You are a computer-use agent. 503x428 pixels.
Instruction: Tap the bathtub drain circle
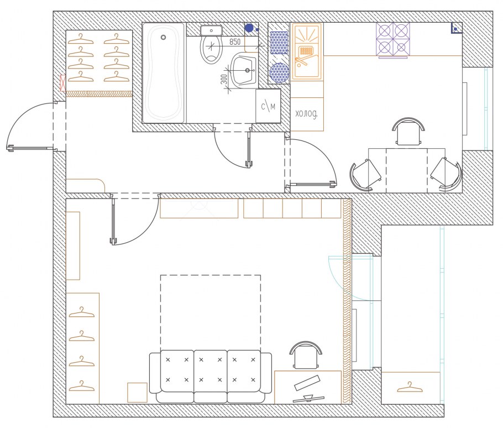(163, 37)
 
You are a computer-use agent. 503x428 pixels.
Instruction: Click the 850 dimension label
(235, 41)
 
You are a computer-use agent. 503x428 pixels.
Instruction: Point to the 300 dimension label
(224, 79)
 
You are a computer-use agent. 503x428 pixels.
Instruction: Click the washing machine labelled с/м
(268, 106)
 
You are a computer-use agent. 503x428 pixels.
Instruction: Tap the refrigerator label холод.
(306, 113)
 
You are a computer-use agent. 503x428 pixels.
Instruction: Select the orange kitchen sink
(306, 51)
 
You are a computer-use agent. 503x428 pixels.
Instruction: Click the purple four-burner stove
(393, 39)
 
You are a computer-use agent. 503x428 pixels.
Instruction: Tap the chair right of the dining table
(446, 175)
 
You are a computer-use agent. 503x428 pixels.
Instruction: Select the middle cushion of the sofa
(211, 376)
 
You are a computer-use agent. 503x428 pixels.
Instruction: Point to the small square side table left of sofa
(137, 393)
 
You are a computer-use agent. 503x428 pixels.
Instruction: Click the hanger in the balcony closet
(410, 387)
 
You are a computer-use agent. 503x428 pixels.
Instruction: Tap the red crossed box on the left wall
(63, 83)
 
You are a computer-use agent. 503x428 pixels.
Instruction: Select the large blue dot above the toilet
(249, 28)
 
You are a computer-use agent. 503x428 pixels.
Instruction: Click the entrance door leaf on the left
(31, 148)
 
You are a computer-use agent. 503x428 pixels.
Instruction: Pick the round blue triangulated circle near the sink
(279, 72)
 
